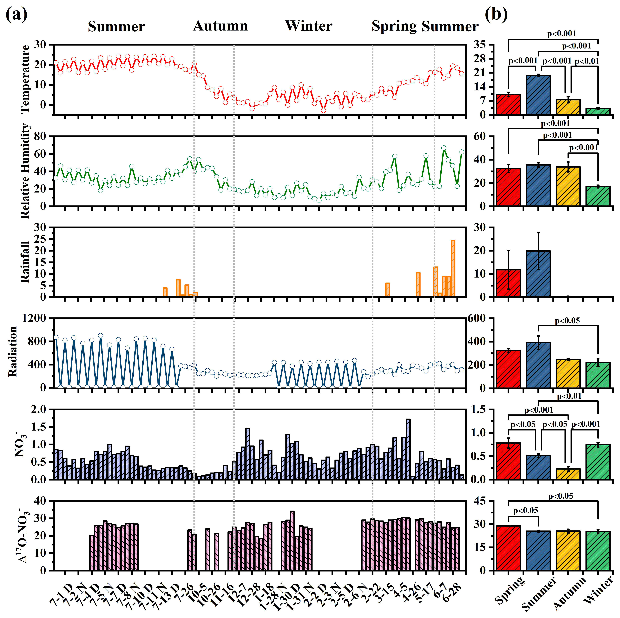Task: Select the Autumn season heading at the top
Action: point(220,26)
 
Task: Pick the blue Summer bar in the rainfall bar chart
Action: point(538,274)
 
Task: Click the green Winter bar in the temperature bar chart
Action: point(598,111)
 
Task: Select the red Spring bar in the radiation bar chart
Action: point(508,369)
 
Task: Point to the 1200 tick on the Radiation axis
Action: point(34,318)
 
